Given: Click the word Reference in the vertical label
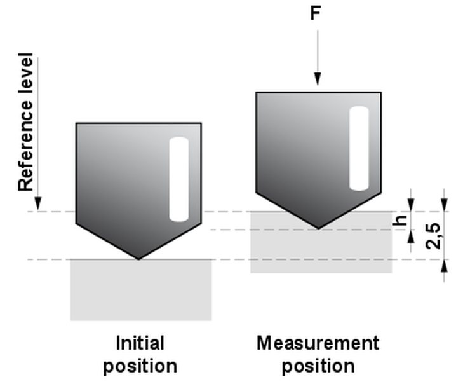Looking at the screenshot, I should point(25,152).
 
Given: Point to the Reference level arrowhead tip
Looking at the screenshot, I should point(38,209).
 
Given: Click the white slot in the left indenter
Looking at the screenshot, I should point(179,179).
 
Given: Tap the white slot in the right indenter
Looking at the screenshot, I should point(359,148).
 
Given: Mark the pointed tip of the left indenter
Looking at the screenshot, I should point(139,258).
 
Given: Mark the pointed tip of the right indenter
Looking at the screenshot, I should point(318,228).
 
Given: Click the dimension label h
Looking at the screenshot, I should point(400,221).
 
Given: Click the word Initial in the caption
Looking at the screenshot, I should point(140,344).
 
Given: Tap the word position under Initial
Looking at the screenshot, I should point(140,367).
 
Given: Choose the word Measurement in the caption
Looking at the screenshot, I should point(318,344).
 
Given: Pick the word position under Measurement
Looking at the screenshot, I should point(318,367).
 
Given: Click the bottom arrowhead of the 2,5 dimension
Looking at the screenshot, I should point(445,267).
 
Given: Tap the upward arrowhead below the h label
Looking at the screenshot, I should point(410,237).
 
